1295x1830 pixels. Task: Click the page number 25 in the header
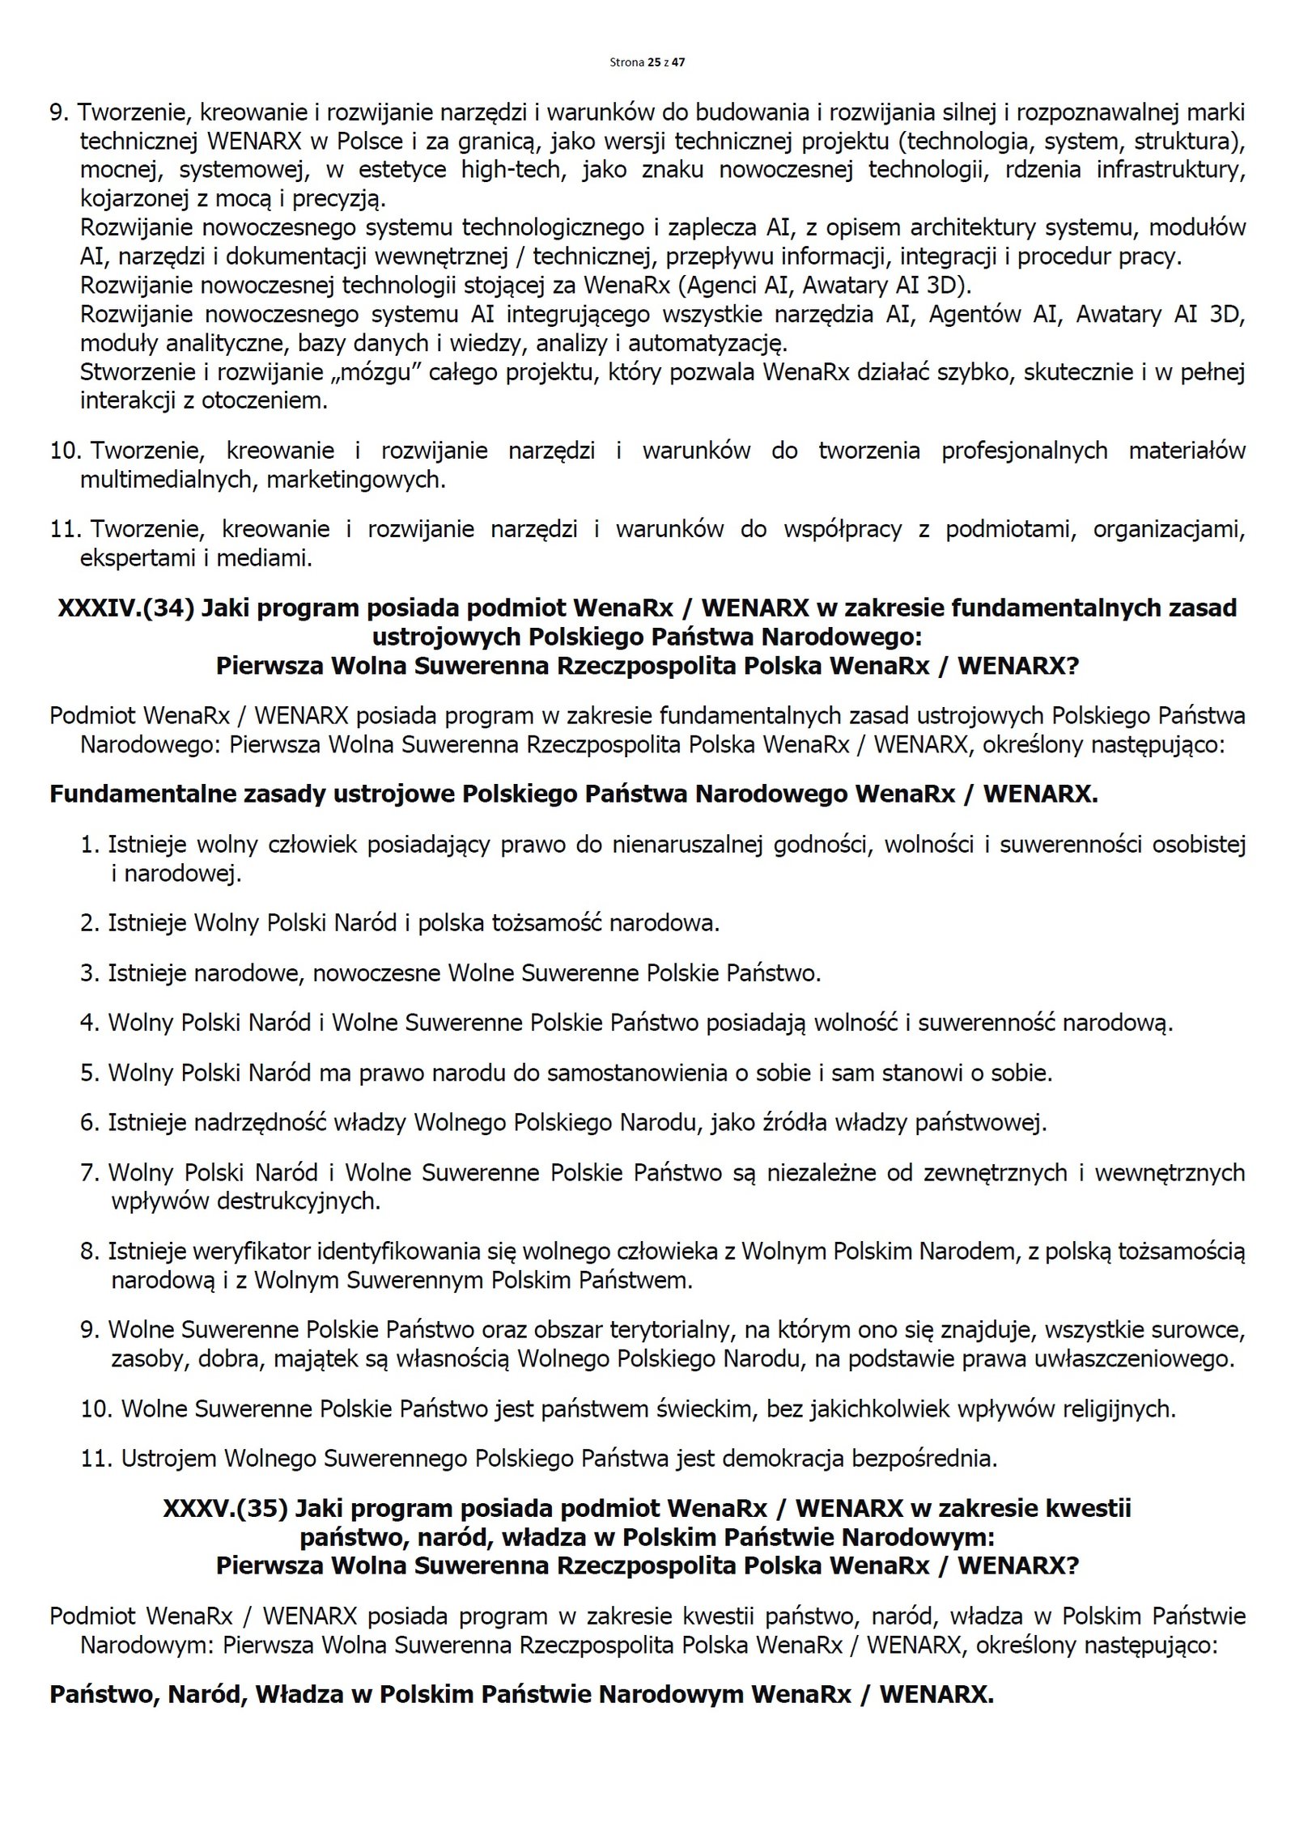(653, 61)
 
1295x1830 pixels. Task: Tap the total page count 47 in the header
(678, 61)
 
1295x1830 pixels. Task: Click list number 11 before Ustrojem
(96, 1459)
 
